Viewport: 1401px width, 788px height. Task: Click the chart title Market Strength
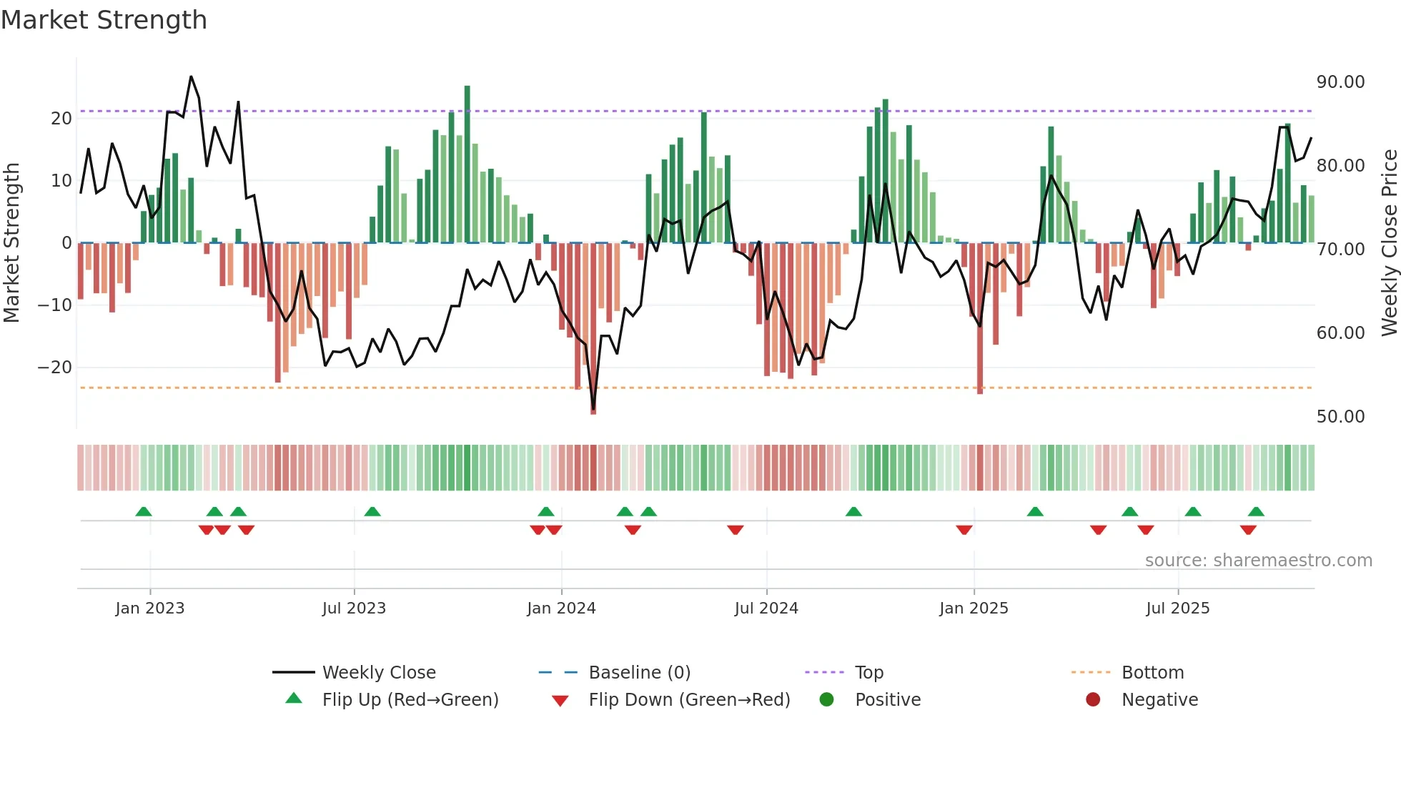tap(104, 20)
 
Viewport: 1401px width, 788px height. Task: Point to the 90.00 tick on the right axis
tap(1340, 82)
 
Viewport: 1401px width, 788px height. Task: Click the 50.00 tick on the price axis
tap(1340, 417)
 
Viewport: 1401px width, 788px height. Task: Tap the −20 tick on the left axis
tap(55, 368)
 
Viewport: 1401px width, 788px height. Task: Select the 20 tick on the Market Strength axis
tap(61, 119)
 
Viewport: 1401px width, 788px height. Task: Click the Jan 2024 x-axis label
tap(561, 609)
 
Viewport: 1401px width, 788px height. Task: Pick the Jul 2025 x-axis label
tap(1177, 609)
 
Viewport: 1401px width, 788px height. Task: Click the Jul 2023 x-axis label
tap(354, 609)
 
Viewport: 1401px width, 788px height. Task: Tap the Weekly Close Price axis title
tap(1389, 243)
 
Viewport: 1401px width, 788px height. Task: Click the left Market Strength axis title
tap(11, 243)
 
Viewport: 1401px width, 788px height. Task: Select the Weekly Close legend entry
tap(378, 673)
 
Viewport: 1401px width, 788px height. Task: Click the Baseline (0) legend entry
tap(639, 673)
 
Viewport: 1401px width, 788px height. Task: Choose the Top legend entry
tap(868, 673)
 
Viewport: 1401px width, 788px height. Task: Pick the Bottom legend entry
tap(1152, 673)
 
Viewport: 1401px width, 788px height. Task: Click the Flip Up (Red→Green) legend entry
tap(410, 700)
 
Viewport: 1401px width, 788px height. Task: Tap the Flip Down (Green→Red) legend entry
tap(689, 700)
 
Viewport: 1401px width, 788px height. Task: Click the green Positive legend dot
tap(827, 700)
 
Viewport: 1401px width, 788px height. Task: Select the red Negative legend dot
tap(1093, 700)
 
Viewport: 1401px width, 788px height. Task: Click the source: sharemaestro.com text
tap(1258, 561)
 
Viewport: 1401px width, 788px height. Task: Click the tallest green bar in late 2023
tap(467, 164)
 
